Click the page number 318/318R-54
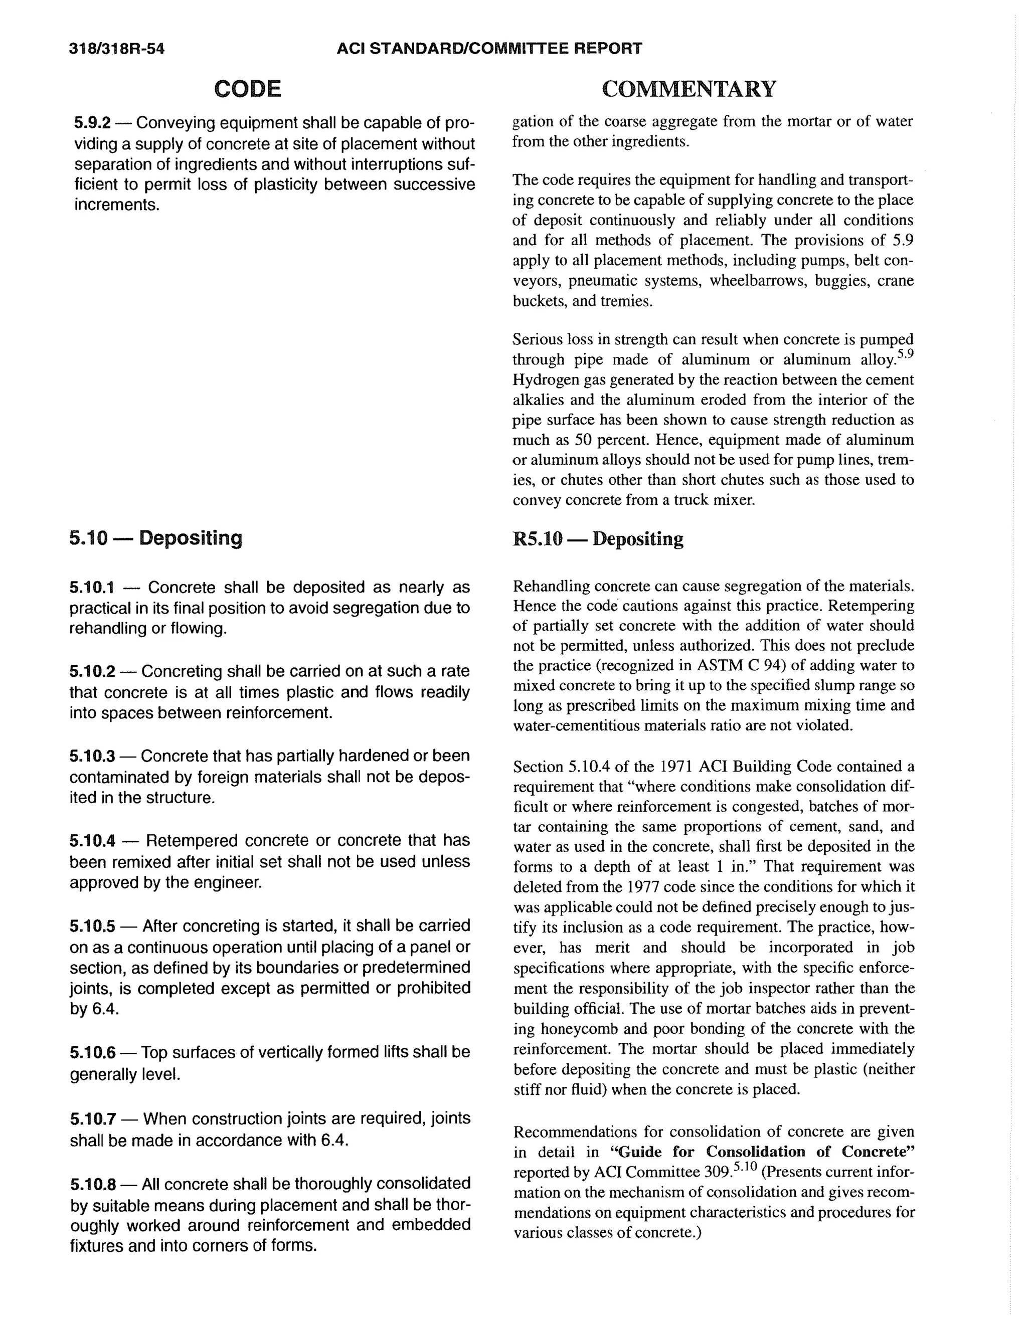coord(117,49)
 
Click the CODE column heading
coord(248,89)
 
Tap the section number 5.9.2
coord(92,123)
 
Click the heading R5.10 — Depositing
coord(598,539)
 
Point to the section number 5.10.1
coord(92,588)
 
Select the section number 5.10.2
coord(92,671)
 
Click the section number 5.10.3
coord(92,756)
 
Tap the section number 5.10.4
coord(92,840)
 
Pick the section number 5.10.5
coord(92,925)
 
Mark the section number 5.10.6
coord(92,1052)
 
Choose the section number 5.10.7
coord(92,1119)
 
